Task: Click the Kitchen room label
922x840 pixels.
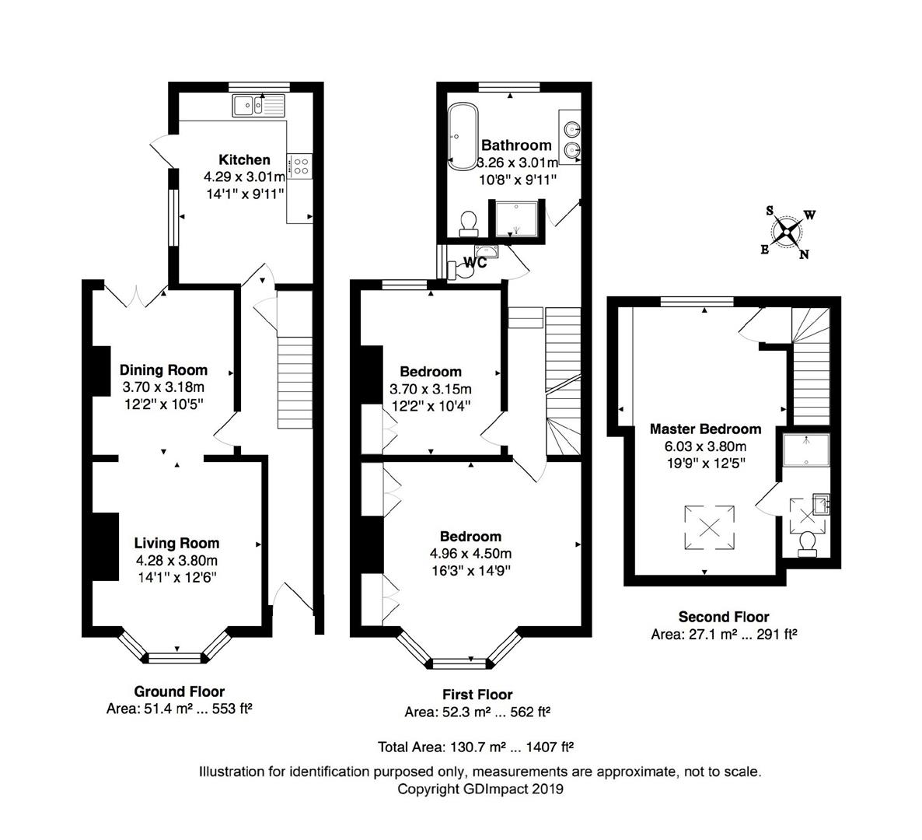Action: [x=245, y=159]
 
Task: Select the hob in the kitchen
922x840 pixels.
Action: [x=300, y=166]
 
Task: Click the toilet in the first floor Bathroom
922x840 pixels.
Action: [x=469, y=224]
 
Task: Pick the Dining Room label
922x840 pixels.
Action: [x=163, y=370]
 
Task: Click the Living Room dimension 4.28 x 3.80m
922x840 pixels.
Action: [x=176, y=561]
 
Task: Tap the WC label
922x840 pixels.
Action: [x=475, y=262]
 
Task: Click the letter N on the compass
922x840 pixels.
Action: [x=804, y=254]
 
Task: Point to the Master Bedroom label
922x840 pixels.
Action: [x=706, y=429]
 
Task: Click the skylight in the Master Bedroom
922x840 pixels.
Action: [x=709, y=527]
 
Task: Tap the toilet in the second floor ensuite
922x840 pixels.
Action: [x=808, y=544]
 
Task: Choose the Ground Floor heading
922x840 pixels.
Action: [x=180, y=691]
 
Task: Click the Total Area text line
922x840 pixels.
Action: [x=476, y=747]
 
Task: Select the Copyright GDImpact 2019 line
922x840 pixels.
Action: [x=480, y=789]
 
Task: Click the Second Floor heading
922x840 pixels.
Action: [x=724, y=617]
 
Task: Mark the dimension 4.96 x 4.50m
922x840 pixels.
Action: [x=470, y=554]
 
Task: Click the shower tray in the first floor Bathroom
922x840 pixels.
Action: [x=516, y=219]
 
